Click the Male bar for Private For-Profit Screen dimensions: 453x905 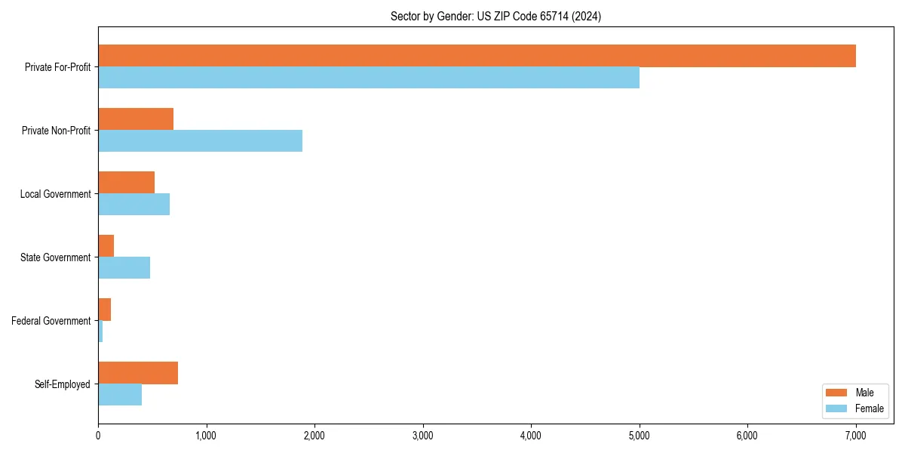coord(477,56)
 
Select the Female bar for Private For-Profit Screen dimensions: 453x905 coord(369,78)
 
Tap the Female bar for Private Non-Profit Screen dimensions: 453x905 coord(200,141)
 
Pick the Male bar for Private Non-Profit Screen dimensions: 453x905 coord(136,119)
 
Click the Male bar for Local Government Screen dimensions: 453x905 coord(126,183)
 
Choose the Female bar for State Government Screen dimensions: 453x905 coord(124,268)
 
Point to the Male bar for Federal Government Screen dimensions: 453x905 coord(104,310)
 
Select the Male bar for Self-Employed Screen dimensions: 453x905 coord(138,373)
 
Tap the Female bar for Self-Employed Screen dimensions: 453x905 coord(120,395)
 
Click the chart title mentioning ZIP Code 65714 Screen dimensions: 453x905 coord(495,16)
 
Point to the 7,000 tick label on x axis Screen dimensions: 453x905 coord(855,436)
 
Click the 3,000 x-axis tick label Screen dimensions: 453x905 coord(422,436)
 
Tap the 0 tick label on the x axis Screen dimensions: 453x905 coord(98,436)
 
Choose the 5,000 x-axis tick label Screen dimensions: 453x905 coord(639,436)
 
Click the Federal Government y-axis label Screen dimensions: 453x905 coord(51,321)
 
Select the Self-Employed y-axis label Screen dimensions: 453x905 coord(63,384)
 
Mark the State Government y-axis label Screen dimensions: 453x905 coord(55,257)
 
